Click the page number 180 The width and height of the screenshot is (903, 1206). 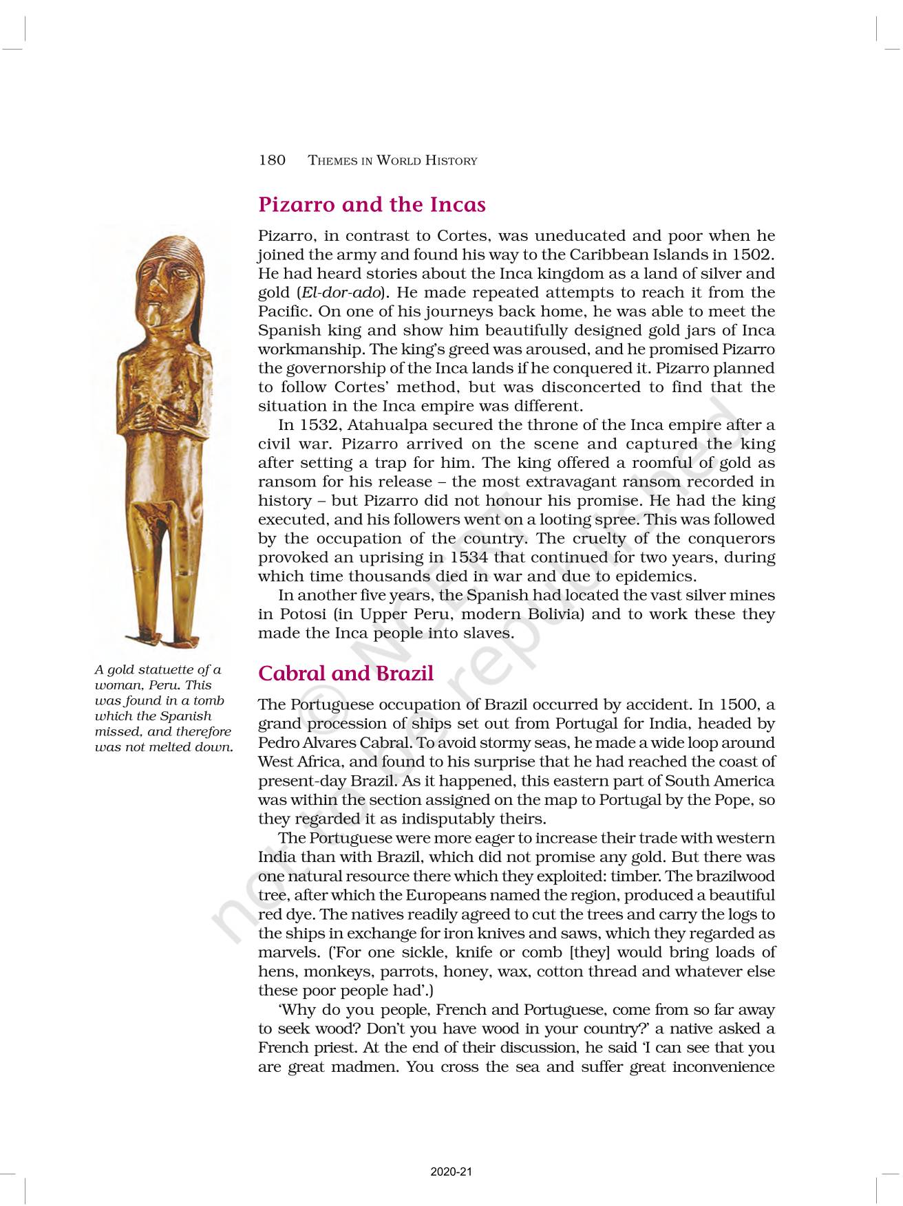(272, 160)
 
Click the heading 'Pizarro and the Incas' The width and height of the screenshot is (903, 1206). (372, 204)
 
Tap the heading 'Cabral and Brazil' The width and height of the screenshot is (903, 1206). (346, 673)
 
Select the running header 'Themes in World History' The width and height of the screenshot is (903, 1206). (392, 161)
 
